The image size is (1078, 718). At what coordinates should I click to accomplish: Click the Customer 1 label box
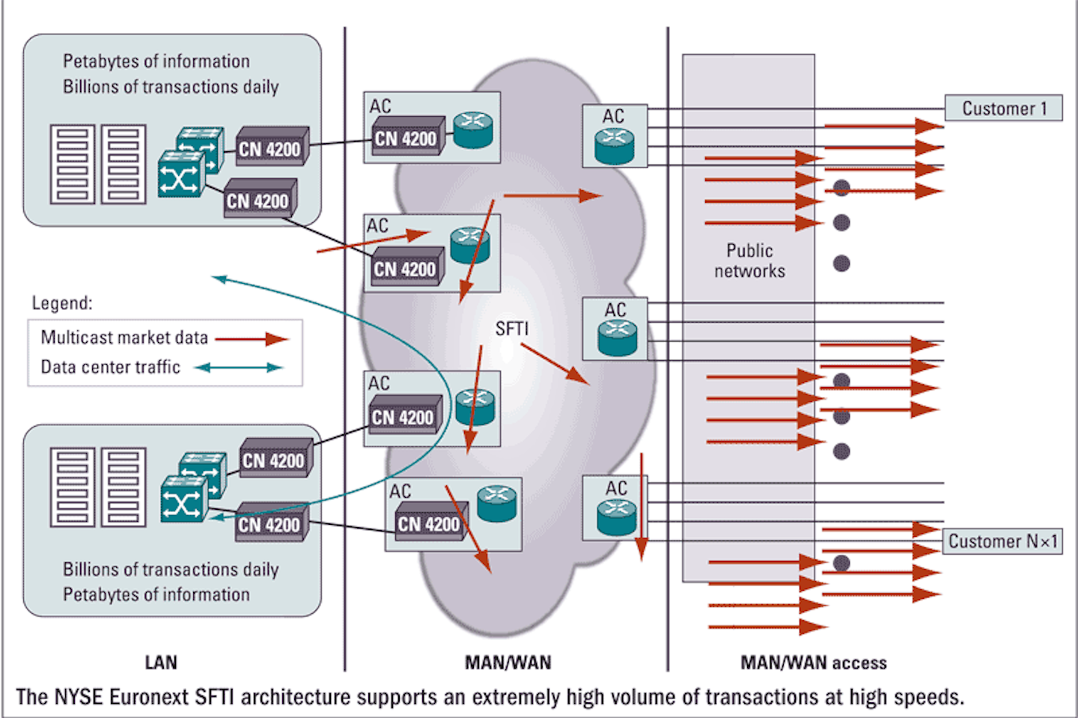1003,109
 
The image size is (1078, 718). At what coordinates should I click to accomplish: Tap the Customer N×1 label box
1002,541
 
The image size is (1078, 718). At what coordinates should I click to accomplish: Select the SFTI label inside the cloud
511,329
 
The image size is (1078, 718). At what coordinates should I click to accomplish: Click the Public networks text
749,261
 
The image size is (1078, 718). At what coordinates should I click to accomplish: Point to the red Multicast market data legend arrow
252,339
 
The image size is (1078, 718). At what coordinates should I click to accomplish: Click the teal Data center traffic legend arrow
238,368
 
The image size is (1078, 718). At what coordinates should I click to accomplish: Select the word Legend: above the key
62,303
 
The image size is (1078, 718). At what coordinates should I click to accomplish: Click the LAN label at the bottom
161,663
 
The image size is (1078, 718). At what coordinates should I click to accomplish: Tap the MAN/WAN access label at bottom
813,663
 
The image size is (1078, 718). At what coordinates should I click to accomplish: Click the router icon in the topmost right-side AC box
615,146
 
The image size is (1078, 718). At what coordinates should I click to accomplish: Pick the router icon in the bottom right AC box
617,517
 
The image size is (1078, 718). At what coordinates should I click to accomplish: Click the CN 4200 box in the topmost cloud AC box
406,138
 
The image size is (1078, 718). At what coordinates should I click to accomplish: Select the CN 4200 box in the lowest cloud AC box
428,523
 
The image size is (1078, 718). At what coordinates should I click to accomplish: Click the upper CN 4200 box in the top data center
269,148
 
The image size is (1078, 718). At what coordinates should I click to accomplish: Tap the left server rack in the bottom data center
73,487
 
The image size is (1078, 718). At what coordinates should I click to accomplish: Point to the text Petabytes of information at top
156,61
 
